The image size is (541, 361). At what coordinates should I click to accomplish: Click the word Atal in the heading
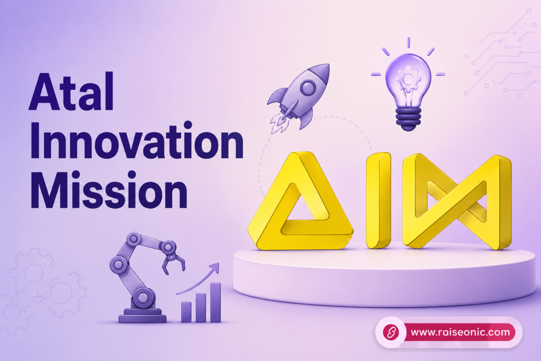pos(71,91)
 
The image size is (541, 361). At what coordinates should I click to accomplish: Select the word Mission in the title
pos(109,190)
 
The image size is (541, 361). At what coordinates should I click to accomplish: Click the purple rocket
pos(298,97)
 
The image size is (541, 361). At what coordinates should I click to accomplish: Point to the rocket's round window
pos(307,87)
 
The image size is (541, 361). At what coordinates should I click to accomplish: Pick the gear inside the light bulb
pos(408,79)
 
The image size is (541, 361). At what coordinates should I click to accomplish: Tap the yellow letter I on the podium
pos(378,200)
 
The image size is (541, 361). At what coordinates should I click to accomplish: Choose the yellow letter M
pos(457,201)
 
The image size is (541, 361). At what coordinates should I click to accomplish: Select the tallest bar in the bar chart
pos(215,303)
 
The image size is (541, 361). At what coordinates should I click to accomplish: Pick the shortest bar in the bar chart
pos(186,312)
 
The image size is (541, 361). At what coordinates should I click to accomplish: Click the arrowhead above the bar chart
pos(215,267)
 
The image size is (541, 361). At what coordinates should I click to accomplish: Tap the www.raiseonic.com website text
pos(460,332)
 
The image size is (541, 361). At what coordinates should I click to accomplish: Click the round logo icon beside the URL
pos(391,332)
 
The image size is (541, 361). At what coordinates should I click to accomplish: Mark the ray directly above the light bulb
pos(408,42)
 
